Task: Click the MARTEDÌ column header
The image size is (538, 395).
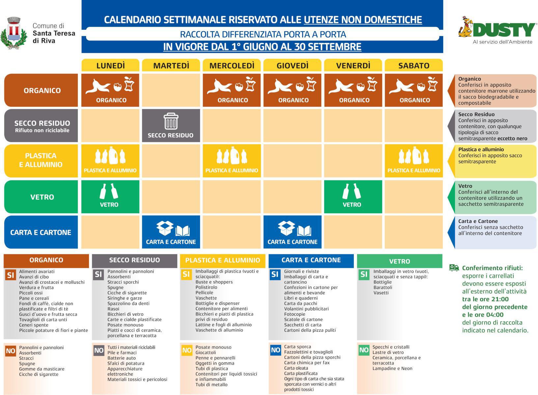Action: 171,65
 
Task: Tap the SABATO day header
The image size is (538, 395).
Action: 413,65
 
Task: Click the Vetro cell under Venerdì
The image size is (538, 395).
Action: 353,197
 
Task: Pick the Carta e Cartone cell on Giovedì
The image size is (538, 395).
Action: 292,232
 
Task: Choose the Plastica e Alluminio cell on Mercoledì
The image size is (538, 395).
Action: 232,161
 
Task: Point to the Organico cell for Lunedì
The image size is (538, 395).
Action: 110,90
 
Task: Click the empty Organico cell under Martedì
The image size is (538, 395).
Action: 171,90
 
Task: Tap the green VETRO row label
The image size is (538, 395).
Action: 41,197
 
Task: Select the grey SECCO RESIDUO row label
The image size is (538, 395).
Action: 41,125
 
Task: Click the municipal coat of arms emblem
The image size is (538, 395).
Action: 14,33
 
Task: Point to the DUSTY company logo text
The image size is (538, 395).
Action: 504,30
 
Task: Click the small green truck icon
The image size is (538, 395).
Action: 454,268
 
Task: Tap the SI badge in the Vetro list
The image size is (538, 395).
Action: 364,274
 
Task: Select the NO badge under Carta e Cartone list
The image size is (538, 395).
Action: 275,350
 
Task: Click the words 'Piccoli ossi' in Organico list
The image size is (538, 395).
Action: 31,293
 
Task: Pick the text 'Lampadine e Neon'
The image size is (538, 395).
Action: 392,368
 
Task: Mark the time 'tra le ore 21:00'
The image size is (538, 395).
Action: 485,299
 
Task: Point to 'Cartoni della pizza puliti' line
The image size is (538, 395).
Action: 310,330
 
